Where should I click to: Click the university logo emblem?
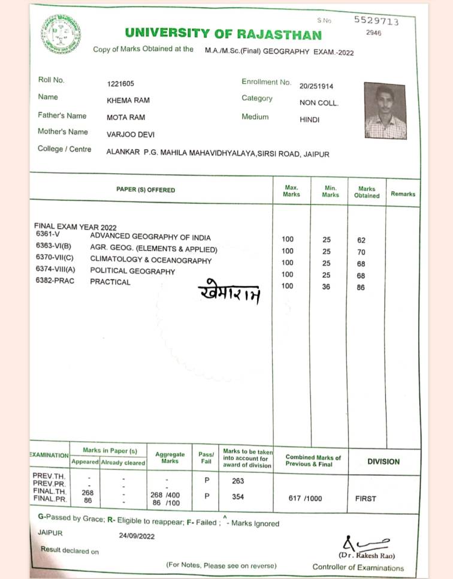(61, 34)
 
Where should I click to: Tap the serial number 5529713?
(376, 20)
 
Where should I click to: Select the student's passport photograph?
(385, 111)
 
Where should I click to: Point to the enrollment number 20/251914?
(316, 86)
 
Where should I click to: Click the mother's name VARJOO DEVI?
(130, 135)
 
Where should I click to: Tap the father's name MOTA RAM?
(126, 117)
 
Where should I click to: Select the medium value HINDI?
(310, 120)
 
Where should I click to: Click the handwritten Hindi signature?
(229, 292)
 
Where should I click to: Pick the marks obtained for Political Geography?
(361, 276)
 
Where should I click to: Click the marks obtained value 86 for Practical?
(361, 287)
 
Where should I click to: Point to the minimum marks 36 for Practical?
(327, 287)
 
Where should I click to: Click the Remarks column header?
(403, 194)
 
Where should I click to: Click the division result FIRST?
(366, 498)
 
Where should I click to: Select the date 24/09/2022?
(137, 536)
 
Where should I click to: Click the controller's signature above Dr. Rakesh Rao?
(361, 544)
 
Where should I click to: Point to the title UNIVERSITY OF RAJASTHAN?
(224, 34)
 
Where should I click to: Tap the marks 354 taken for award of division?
(238, 496)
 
